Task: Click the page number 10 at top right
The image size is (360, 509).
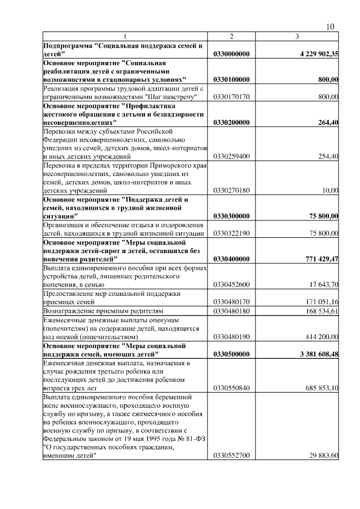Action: tap(331, 27)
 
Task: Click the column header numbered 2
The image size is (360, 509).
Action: tap(231, 37)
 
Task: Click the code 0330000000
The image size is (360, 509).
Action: tap(231, 54)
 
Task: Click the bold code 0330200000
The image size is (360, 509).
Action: tap(231, 122)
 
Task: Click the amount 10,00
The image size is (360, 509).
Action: tap(330, 190)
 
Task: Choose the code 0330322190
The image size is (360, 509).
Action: tap(231, 233)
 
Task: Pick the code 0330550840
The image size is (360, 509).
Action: tap(231, 388)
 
